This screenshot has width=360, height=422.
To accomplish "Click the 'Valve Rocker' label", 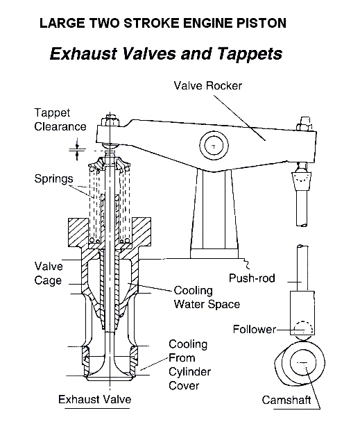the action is [207, 86].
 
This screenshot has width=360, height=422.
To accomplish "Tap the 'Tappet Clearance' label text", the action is [60, 119].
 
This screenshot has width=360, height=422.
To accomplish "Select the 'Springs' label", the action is [53, 178].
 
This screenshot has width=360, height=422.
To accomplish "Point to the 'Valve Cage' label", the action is [49, 273].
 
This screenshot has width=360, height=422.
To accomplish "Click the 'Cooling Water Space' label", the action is [207, 297].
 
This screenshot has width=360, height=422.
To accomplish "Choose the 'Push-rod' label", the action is [252, 278].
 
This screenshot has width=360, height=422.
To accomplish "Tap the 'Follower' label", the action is [255, 329].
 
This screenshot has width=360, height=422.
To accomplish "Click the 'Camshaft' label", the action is [286, 400].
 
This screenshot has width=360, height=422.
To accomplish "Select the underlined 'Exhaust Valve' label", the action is [95, 399].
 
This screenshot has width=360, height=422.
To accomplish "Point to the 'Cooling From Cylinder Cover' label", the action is [189, 364].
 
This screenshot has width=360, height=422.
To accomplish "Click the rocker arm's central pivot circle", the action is [214, 146].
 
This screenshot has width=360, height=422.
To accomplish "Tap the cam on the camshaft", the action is [300, 363].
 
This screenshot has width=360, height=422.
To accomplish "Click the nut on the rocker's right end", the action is [305, 124].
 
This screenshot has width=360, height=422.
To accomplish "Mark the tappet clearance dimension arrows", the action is [77, 149].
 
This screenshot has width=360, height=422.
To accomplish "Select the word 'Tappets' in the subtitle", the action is [250, 54].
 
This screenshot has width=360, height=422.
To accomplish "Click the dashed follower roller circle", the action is [303, 329].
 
